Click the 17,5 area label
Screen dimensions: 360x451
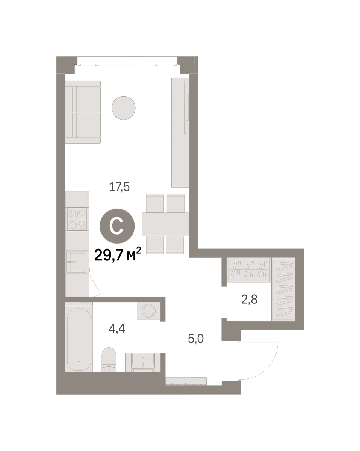[x=119, y=187]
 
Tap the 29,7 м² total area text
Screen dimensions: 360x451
[x=118, y=254]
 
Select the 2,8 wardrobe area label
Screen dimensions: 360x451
[x=249, y=299]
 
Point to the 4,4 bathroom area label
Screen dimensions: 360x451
[x=117, y=328]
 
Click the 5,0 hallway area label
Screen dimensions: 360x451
[x=196, y=339]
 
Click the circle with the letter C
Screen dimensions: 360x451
[x=117, y=226]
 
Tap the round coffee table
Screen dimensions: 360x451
[x=123, y=108]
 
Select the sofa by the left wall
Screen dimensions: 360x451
[x=83, y=112]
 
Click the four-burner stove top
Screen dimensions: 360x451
[x=77, y=219]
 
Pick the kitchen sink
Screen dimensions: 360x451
[x=76, y=262]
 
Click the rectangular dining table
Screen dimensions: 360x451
[x=165, y=224]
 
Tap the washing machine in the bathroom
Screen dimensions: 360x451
[x=148, y=310]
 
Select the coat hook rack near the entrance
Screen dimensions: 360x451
[x=186, y=381]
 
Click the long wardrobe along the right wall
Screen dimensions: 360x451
[x=180, y=132]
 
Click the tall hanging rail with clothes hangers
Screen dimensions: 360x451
[x=283, y=289]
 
